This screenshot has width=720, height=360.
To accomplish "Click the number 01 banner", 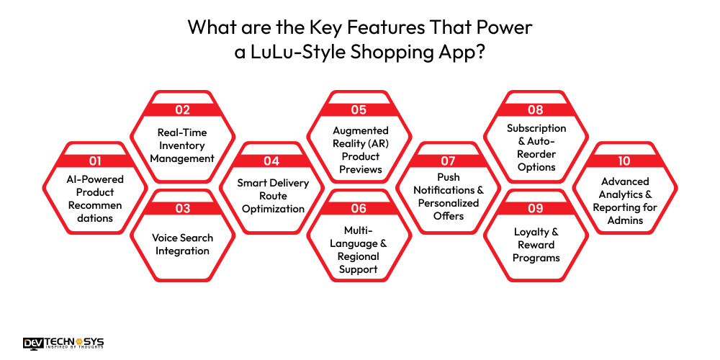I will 96,161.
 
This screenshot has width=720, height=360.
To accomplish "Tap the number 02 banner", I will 183,110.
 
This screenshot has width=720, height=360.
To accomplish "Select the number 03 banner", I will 183,209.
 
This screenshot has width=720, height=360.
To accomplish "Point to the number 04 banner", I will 271,161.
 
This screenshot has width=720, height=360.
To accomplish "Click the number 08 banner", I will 536,110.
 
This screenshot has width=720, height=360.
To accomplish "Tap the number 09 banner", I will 536,209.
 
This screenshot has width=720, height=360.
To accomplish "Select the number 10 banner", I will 624,161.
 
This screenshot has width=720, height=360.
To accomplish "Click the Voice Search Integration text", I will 183,244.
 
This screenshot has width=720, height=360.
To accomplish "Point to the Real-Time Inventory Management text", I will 183,145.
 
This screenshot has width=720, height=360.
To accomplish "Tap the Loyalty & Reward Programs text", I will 536,245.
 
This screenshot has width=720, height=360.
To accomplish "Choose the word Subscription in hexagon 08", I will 536,128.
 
